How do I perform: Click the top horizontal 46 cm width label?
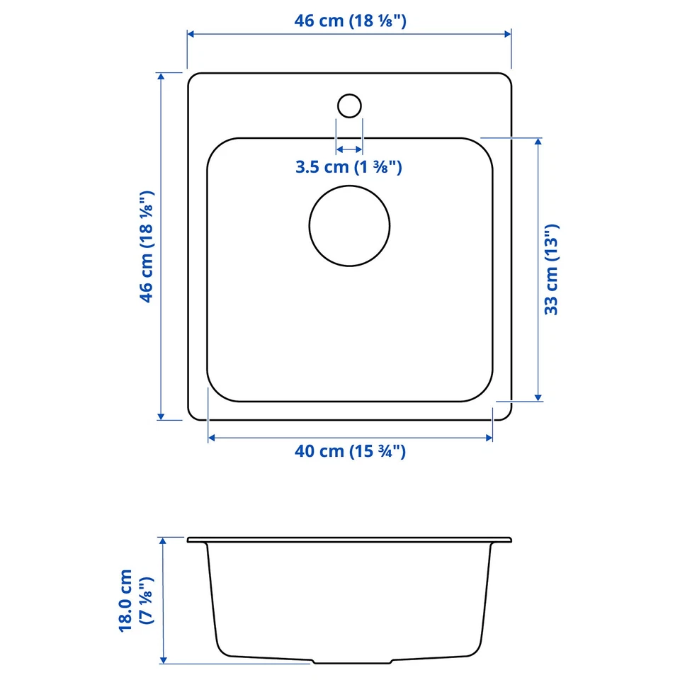coord(350,21)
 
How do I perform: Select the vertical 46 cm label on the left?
coord(147,246)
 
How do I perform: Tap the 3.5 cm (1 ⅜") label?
coord(348,168)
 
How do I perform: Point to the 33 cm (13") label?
coord(552,270)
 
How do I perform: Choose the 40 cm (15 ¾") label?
coord(350,451)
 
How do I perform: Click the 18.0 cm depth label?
coord(136,599)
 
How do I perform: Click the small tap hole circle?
coord(348,106)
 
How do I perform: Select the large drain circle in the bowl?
coord(349,226)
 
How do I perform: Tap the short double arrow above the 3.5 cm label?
coord(348,149)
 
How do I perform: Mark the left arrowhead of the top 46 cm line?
coord(191,33)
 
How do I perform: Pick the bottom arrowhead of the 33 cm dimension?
coord(539,397)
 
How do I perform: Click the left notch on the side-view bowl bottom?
coord(314,662)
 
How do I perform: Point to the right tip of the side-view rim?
coord(510,540)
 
